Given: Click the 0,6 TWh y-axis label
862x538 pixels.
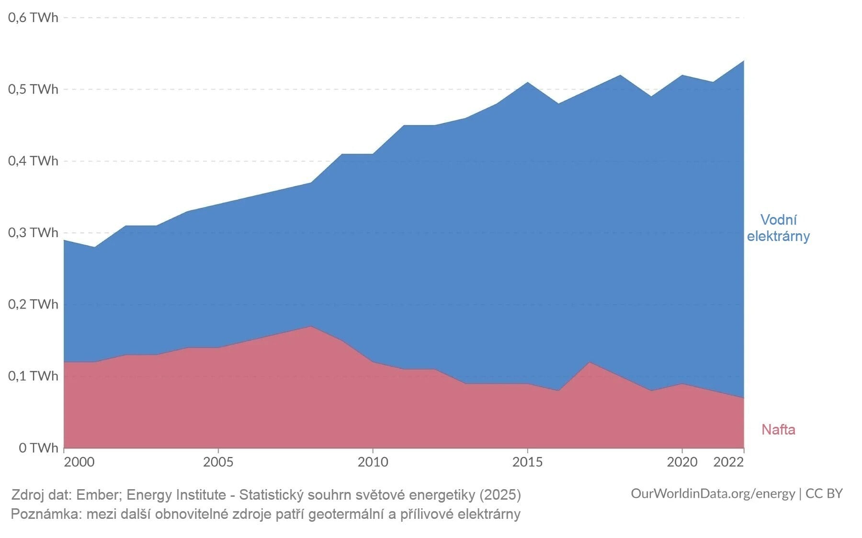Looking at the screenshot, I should tap(33, 18).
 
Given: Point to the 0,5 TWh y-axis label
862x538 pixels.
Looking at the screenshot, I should tap(33, 90).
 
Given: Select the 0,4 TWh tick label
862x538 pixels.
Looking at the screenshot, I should tap(33, 161).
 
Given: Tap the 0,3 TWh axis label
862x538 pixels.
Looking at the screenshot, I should tap(33, 233).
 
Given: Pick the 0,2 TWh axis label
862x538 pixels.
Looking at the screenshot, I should tap(33, 304).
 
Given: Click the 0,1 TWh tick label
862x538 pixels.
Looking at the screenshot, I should tap(33, 376).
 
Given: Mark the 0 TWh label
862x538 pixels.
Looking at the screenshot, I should tap(38, 448).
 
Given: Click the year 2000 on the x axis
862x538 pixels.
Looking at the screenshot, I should tap(79, 462).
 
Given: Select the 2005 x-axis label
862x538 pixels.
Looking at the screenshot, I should tap(218, 462).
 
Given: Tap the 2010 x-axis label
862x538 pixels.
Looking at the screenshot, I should tap(373, 462).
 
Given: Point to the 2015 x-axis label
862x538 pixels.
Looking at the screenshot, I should tap(527, 462).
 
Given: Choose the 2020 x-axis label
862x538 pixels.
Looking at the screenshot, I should tap(682, 462).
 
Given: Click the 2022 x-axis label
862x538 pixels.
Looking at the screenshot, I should tap(728, 462).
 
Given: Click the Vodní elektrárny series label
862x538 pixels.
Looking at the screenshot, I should tap(778, 228).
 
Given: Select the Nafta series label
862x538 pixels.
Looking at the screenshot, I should tap(778, 430).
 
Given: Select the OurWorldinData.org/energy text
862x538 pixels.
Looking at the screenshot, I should tap(713, 493).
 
